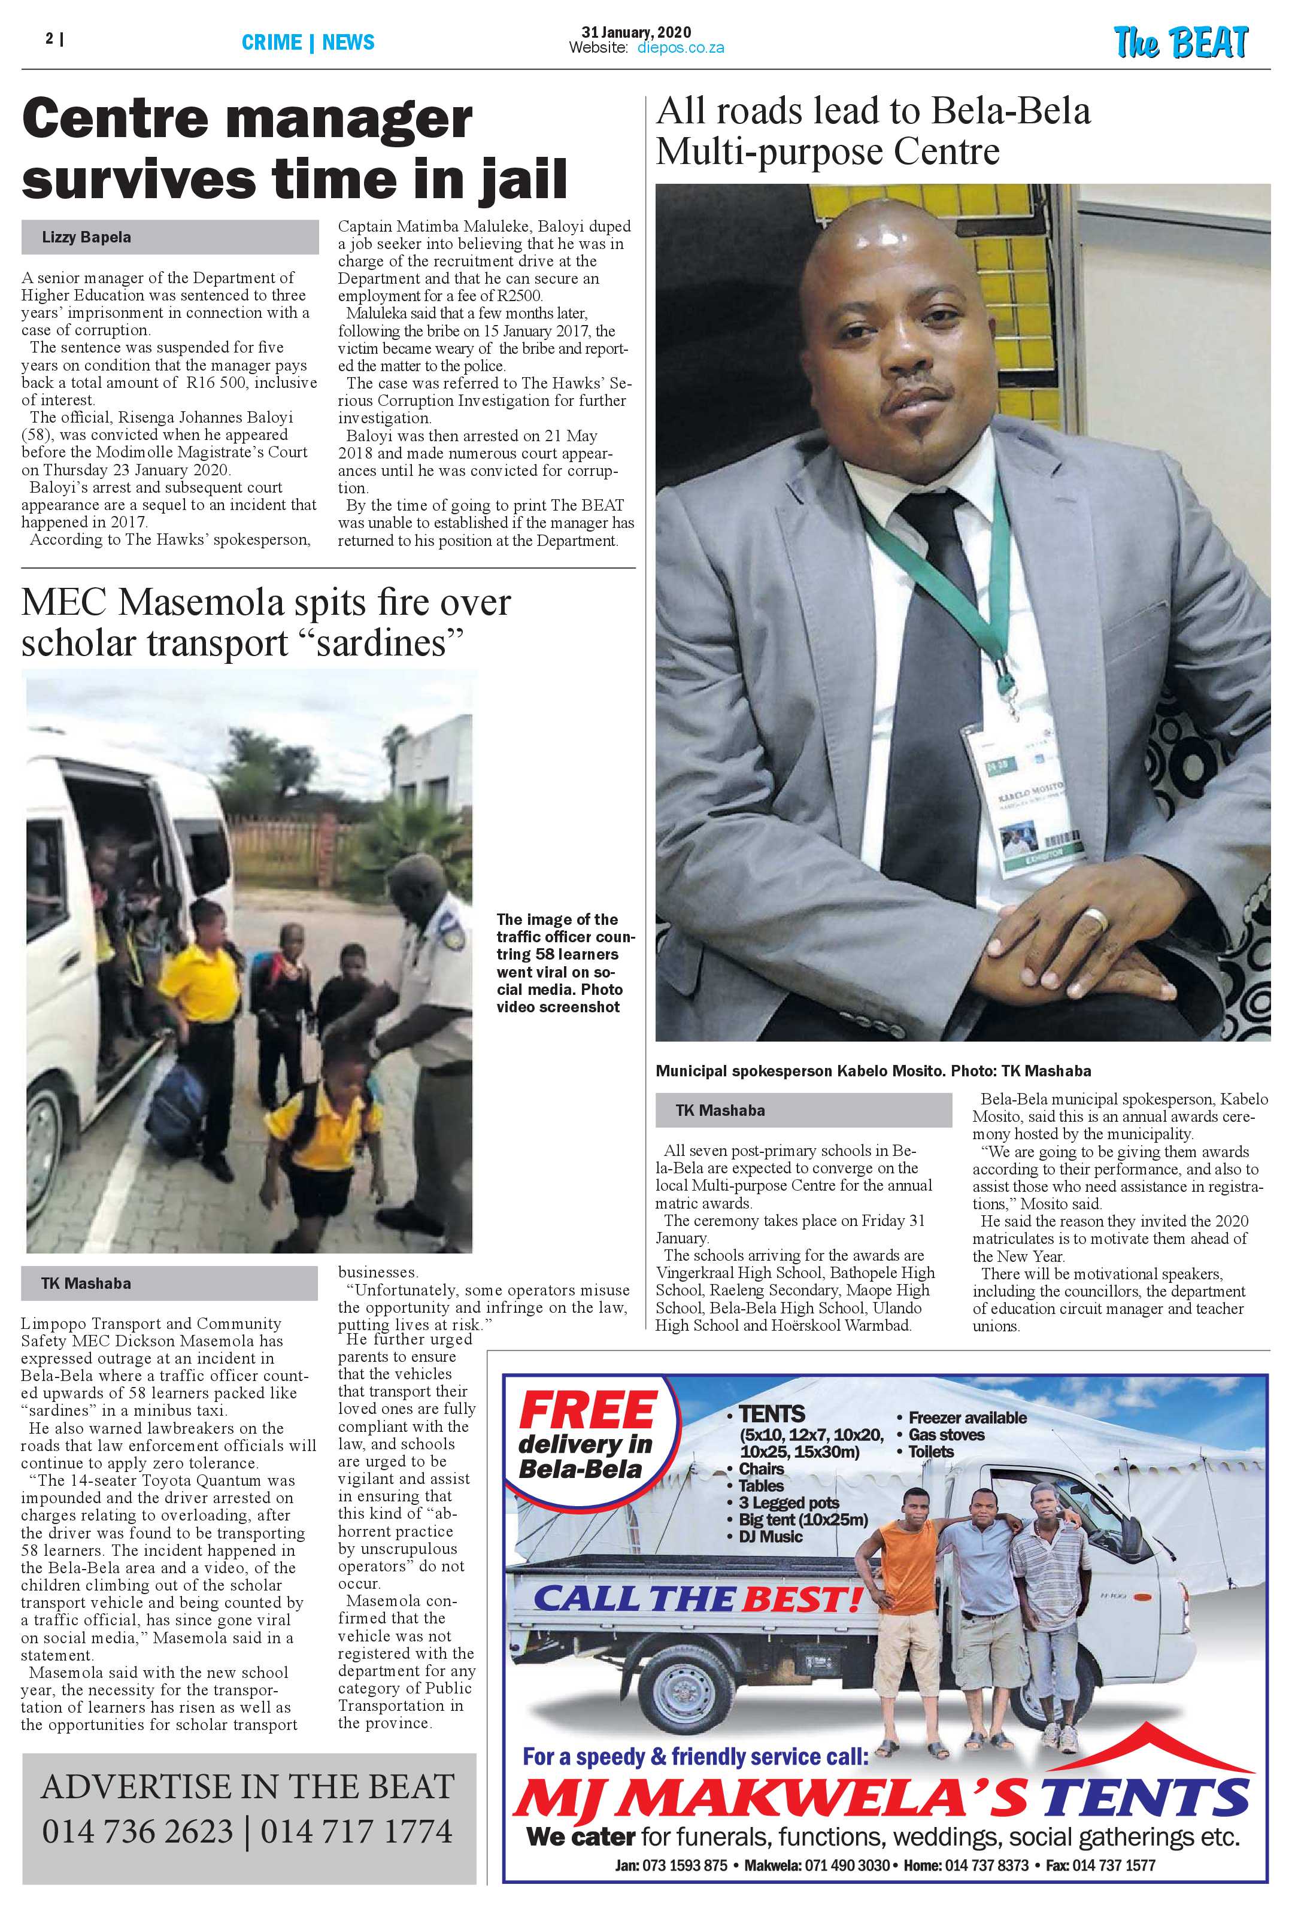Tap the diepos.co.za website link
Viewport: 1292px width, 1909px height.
pos(680,48)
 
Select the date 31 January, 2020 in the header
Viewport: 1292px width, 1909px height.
pos(636,33)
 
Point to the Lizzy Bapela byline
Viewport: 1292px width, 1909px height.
pos(86,238)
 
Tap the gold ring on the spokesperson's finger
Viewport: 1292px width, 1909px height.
pos(1093,919)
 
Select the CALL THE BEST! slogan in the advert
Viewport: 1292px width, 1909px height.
pos(698,1598)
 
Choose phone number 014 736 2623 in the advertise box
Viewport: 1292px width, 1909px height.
pos(137,1832)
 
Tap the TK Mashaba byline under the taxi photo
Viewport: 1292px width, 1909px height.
pos(86,1283)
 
